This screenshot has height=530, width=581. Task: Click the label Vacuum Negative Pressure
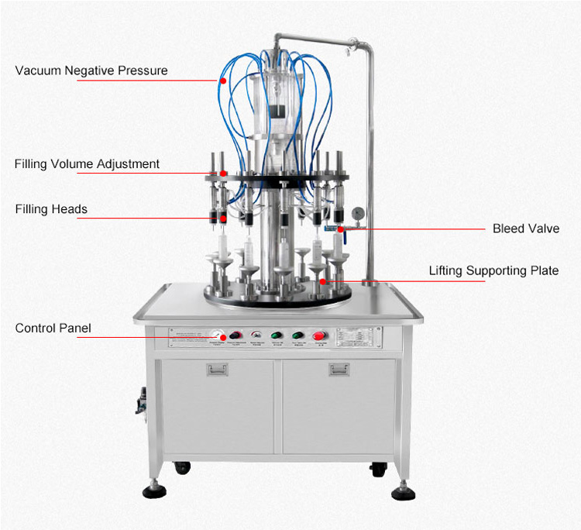[91, 71]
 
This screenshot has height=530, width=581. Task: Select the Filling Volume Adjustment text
[87, 163]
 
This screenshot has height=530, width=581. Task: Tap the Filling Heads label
[51, 208]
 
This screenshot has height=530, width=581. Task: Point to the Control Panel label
[53, 328]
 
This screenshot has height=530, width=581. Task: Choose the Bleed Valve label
[525, 229]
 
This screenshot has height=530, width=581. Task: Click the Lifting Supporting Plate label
[493, 270]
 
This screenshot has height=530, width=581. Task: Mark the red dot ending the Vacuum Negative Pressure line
[223, 79]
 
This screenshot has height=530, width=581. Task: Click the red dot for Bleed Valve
[340, 229]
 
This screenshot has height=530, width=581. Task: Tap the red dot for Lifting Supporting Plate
[322, 281]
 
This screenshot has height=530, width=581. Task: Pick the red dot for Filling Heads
[223, 218]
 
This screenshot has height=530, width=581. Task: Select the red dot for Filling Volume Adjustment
[223, 173]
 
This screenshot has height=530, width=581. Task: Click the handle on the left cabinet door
[216, 370]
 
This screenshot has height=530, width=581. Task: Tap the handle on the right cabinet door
[339, 370]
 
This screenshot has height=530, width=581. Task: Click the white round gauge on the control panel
[220, 336]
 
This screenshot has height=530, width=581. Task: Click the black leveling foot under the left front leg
[151, 492]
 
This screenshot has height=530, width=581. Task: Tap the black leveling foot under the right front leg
[402, 492]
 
